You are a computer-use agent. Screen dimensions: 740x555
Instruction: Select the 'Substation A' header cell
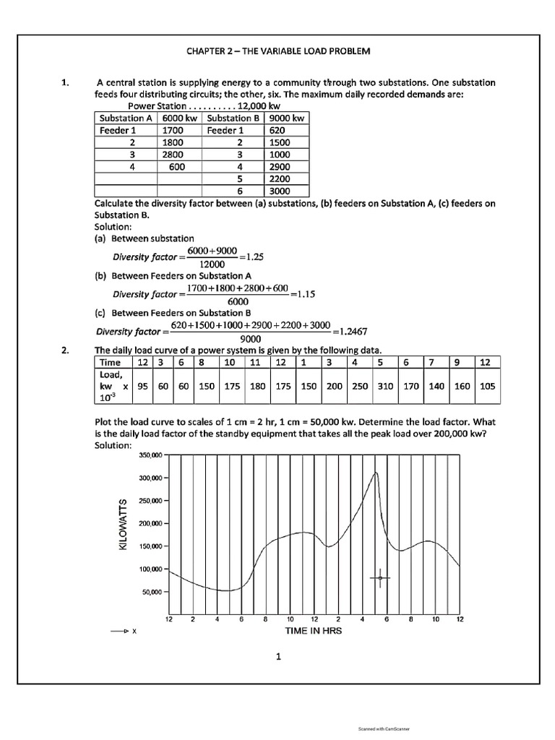pyautogui.click(x=126, y=118)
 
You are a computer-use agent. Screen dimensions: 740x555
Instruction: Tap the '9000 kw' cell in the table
pyautogui.click(x=285, y=118)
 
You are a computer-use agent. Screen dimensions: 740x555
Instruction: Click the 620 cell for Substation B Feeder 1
pyautogui.click(x=277, y=130)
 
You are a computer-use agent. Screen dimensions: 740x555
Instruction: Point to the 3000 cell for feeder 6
pyautogui.click(x=279, y=192)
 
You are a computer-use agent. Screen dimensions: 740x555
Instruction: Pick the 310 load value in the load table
pyautogui.click(x=385, y=386)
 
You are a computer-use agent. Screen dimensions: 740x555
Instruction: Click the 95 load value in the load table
pyautogui.click(x=143, y=386)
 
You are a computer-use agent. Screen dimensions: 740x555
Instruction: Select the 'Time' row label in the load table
pyautogui.click(x=110, y=361)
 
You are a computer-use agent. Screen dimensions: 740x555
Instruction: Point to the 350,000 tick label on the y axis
pyautogui.click(x=148, y=455)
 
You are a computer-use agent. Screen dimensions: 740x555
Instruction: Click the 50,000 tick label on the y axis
pyautogui.click(x=150, y=592)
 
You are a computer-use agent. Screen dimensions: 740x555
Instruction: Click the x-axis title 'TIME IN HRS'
pyautogui.click(x=314, y=630)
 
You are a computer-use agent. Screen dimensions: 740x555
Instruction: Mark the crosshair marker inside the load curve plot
pyautogui.click(x=380, y=577)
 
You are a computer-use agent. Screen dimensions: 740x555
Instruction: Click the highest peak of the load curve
pyautogui.click(x=376, y=473)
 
